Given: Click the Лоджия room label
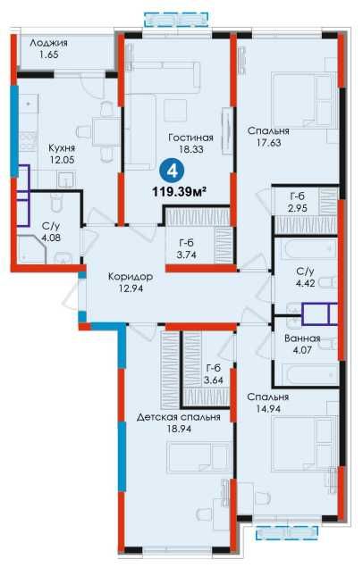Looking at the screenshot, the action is coord(48,43).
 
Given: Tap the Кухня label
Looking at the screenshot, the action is coord(62,147).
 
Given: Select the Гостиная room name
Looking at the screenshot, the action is coord(190,138).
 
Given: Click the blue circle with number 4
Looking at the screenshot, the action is coord(173,171).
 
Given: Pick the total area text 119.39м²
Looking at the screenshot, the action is coord(179,191).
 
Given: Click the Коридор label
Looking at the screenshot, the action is coord(131,277).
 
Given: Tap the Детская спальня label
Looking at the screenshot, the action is coord(179,417).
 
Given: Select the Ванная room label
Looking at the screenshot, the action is coord(302,338).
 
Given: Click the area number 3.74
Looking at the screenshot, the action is coord(186,255).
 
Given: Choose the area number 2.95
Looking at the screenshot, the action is coord(298,208).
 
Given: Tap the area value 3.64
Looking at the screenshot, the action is coord(213,380).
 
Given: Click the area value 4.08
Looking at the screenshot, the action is coord(50,238).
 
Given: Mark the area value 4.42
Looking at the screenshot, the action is coord(305,283).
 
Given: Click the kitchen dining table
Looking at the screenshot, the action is coord(104,132).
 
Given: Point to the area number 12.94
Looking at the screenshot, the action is coord(131,288).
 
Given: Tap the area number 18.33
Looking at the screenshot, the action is coord(190,149).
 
